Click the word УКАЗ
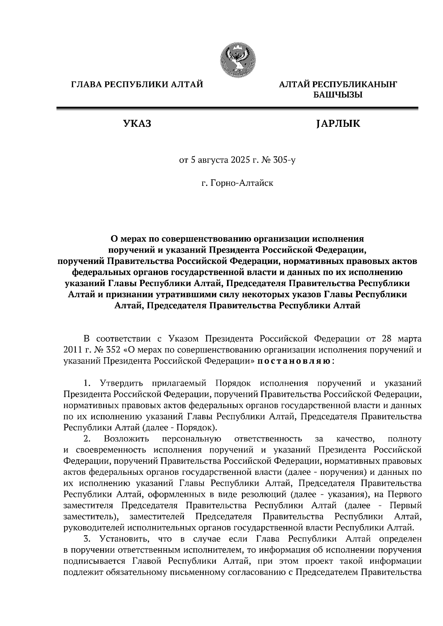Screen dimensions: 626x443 [x=137, y=124]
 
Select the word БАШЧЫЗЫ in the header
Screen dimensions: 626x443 [x=338, y=95]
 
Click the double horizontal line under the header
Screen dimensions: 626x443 [x=237, y=108]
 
